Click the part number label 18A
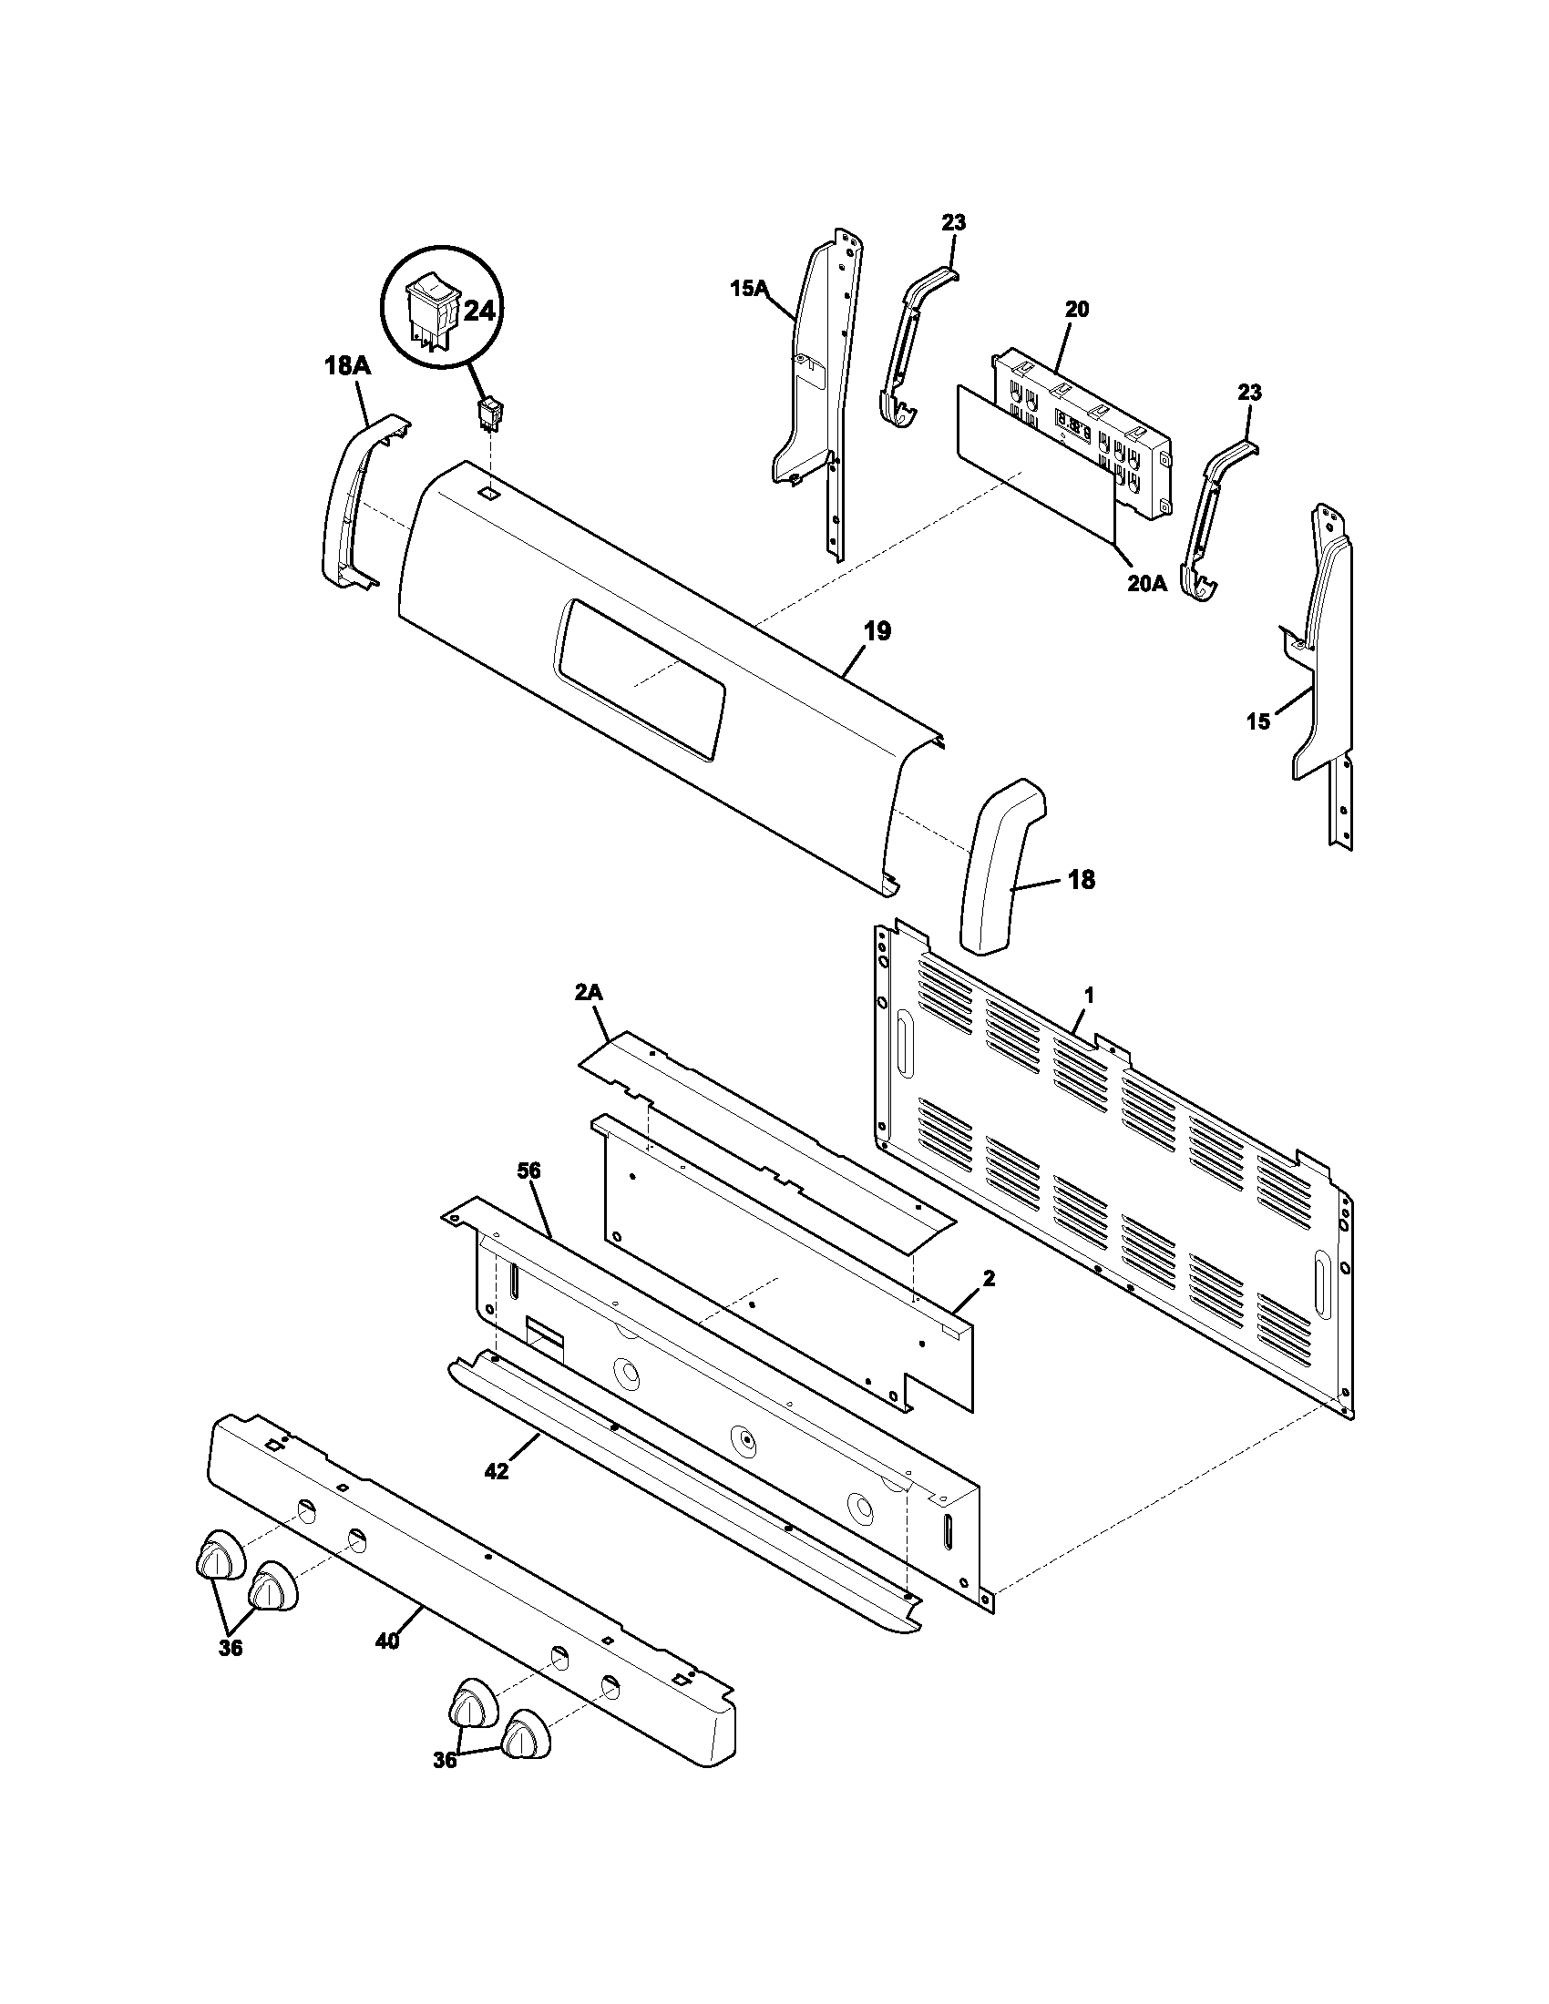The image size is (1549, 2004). coord(347,366)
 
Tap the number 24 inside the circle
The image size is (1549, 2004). coord(478,312)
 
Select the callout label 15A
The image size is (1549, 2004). coord(748,289)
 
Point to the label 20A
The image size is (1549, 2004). coord(1147,584)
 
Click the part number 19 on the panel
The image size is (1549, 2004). coord(877,631)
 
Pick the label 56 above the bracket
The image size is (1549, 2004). coord(528,1171)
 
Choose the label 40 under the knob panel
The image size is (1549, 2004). coord(387,1641)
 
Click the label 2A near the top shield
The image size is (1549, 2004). coord(590,994)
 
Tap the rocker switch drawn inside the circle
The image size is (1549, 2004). coord(431,320)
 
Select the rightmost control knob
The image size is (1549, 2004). coord(526,1733)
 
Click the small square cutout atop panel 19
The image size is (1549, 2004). coord(491,494)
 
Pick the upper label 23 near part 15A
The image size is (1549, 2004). coord(953,222)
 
